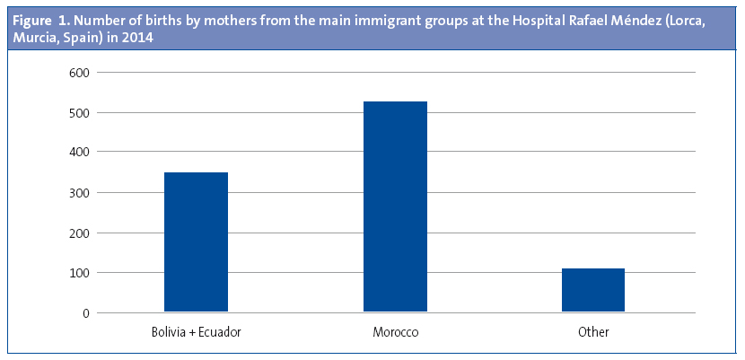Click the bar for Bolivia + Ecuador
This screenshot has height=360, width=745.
(x=196, y=242)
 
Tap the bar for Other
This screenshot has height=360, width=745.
(x=593, y=290)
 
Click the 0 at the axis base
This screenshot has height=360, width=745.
(x=84, y=313)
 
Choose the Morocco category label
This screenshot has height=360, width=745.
(x=396, y=333)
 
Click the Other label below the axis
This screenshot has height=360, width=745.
(x=593, y=333)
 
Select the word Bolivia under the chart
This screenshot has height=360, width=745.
(x=170, y=333)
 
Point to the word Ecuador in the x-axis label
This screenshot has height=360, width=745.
(x=220, y=333)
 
